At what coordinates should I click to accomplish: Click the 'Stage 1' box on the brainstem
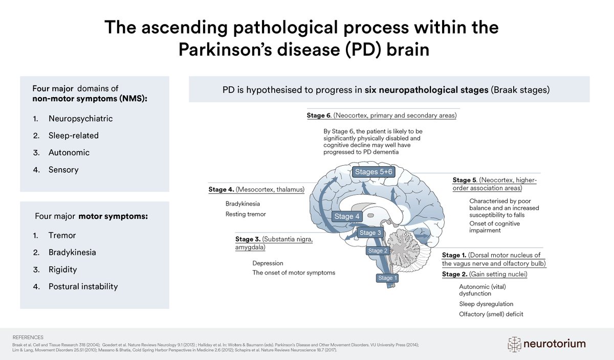[x=387, y=278]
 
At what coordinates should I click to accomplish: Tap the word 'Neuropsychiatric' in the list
[x=80, y=119]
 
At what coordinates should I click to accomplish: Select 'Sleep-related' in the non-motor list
[x=74, y=136]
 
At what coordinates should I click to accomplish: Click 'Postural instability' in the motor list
[x=83, y=286]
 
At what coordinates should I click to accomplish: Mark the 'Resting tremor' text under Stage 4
[x=246, y=214]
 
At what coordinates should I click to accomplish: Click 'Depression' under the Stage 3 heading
[x=268, y=263]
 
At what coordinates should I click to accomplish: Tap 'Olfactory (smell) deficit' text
[x=491, y=314]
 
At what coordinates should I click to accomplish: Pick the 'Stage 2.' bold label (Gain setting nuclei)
[x=451, y=274]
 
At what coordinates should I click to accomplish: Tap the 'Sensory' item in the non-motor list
[x=63, y=169]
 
